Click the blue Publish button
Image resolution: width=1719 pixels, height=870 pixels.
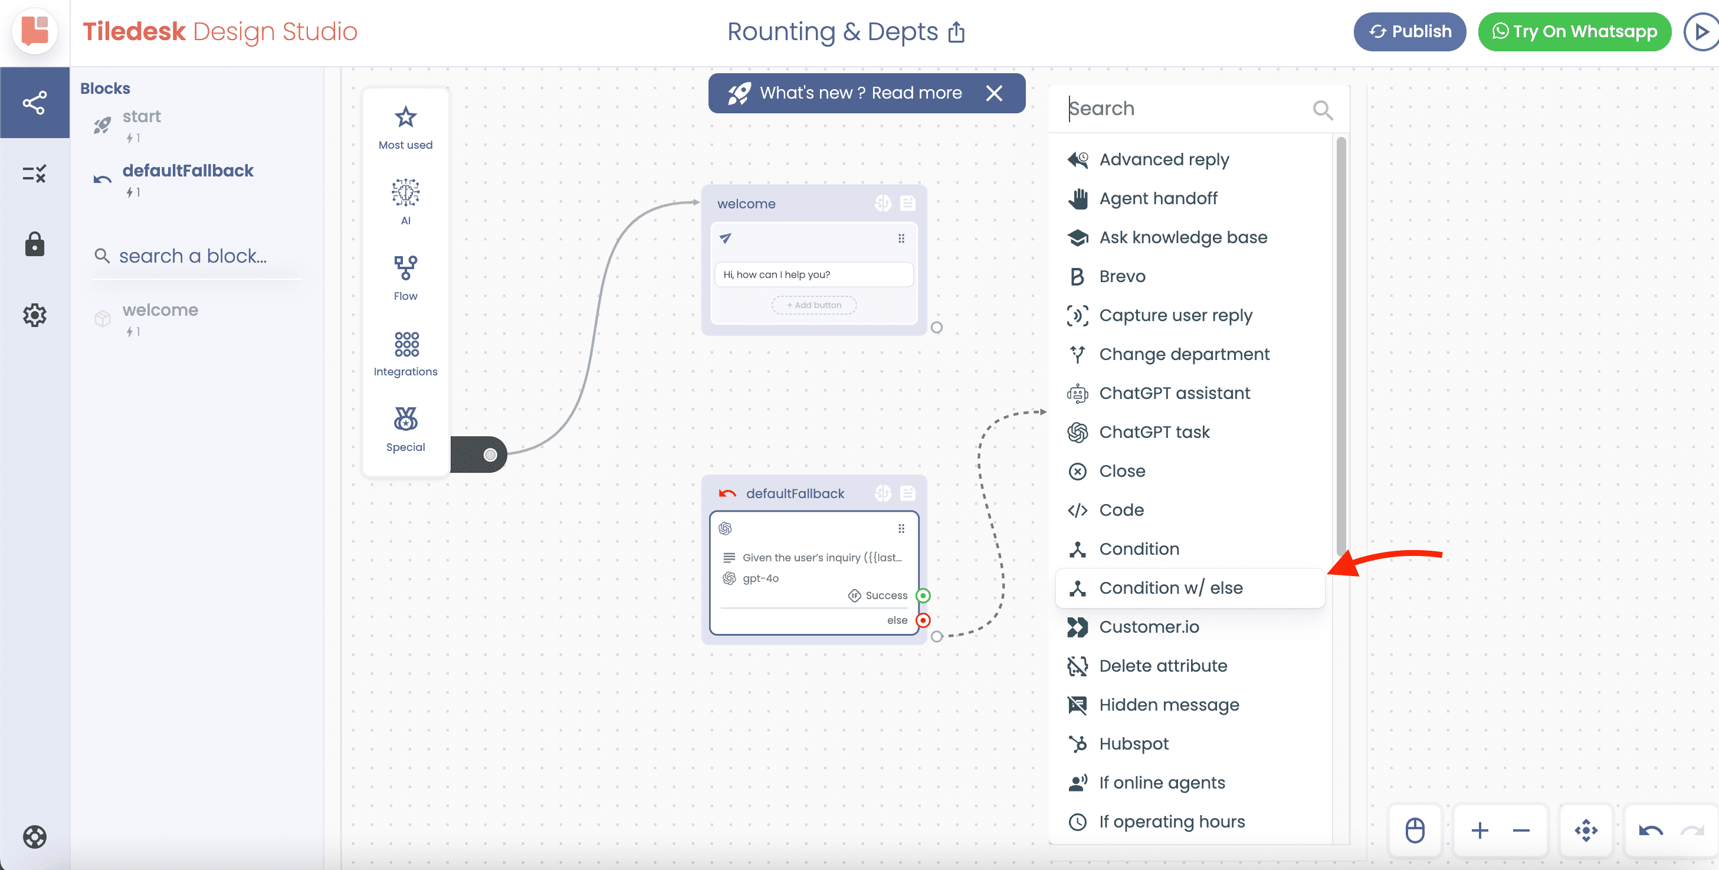(1409, 31)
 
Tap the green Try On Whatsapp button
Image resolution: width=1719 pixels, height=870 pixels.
(1575, 31)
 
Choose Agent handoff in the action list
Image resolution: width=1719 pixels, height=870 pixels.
(1158, 198)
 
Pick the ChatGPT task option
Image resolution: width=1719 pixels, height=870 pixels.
(1154, 432)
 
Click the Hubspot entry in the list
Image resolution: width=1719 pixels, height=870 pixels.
(1133, 743)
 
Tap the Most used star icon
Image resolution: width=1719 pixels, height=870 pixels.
(406, 117)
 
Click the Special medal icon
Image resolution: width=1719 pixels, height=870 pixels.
(406, 418)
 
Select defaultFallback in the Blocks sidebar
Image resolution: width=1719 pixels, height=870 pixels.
(188, 171)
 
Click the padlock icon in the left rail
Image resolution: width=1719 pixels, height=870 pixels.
(35, 244)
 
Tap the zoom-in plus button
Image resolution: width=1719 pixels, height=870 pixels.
(1479, 830)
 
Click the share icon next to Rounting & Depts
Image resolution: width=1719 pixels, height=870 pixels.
(956, 31)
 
